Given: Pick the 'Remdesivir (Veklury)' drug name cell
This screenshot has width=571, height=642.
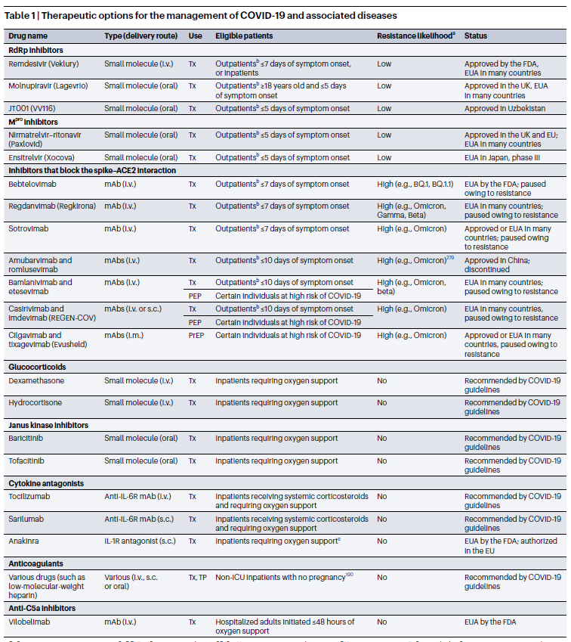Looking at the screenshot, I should pos(44,64).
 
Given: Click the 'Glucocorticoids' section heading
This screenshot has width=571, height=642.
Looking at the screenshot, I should pos(37,366).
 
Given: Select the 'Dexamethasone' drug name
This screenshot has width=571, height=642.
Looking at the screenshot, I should pos(37,380).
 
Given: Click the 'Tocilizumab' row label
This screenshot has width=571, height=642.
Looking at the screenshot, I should pos(31,497).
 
